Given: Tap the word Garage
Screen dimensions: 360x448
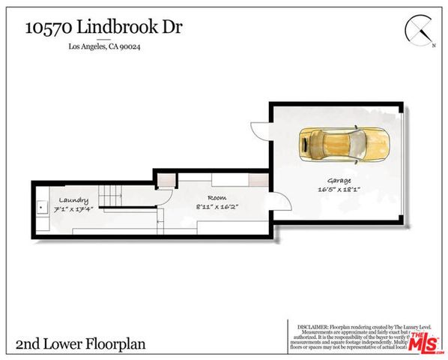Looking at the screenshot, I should pos(339,181).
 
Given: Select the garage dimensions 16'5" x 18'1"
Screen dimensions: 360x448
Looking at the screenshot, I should pos(339,190).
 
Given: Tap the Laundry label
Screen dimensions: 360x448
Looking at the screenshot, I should pos(75,200).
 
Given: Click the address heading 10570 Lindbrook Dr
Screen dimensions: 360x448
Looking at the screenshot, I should pos(103,28).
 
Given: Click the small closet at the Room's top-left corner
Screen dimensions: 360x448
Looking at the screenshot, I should pos(167,180).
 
